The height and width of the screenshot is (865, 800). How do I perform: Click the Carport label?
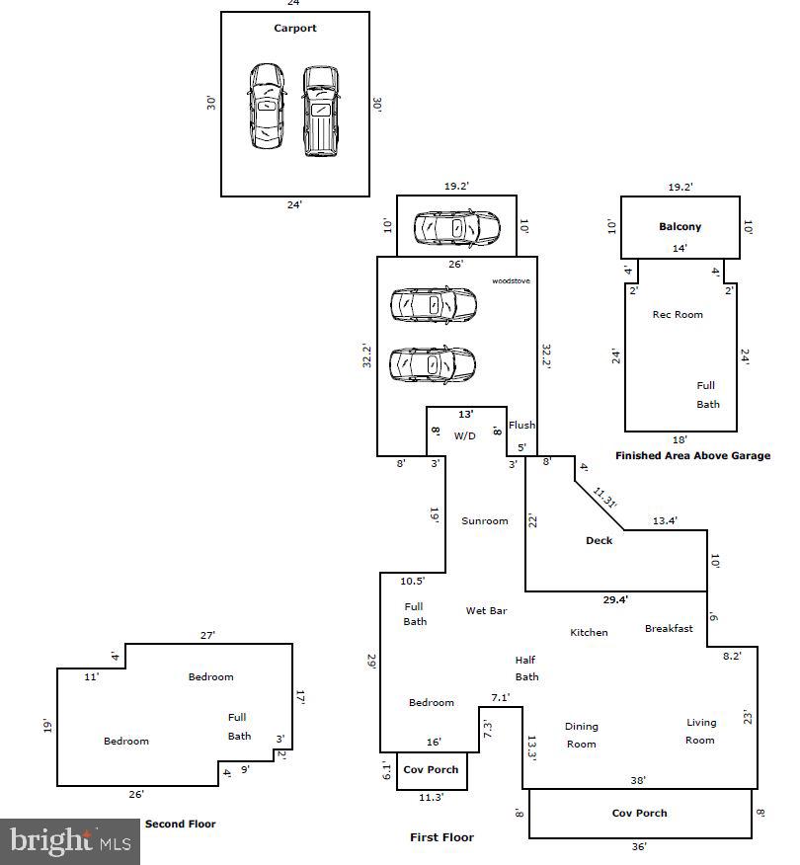(x=295, y=29)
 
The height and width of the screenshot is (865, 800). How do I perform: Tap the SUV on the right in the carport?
(x=319, y=111)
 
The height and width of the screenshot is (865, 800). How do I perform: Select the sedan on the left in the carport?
(x=266, y=107)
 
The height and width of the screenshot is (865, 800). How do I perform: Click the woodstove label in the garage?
(x=512, y=281)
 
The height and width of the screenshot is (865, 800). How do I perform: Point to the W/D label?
(x=465, y=435)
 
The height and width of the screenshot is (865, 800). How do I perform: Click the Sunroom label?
(x=485, y=520)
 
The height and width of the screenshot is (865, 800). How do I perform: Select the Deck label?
(x=599, y=540)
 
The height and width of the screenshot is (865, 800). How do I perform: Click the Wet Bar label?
(x=486, y=611)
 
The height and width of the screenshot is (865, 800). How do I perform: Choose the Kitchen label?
(x=589, y=632)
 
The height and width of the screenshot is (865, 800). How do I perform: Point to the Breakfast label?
(x=669, y=628)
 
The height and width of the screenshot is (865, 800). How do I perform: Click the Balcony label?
(x=680, y=227)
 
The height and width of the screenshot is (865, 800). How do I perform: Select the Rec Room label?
(x=678, y=314)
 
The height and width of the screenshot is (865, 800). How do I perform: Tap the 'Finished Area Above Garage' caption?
(x=692, y=456)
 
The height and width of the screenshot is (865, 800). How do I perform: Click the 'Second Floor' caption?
(x=180, y=824)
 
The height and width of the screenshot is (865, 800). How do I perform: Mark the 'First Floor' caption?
(x=441, y=837)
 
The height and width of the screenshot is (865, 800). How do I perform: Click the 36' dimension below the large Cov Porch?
(x=639, y=846)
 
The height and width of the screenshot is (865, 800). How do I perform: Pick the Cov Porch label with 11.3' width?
(x=431, y=770)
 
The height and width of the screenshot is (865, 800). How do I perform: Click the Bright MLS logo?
(x=70, y=841)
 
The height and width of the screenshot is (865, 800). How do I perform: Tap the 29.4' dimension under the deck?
(x=615, y=599)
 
